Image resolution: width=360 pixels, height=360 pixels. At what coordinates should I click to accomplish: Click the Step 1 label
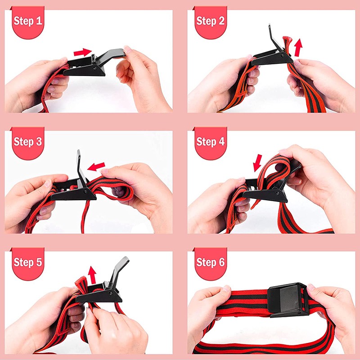[x=28, y=21]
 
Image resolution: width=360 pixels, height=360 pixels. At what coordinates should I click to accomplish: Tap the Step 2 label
[x=210, y=21]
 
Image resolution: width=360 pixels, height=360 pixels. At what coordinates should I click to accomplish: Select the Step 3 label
[x=28, y=141]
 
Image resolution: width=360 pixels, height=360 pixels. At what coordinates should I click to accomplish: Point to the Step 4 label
[x=210, y=141]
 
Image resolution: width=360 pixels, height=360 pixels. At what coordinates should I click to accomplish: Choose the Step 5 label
[x=28, y=262]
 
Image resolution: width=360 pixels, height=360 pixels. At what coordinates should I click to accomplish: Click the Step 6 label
[x=210, y=262]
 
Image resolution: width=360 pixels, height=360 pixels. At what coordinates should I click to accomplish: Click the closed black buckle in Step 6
[x=288, y=300]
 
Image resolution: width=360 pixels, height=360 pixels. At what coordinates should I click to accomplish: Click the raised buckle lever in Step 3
[x=80, y=166]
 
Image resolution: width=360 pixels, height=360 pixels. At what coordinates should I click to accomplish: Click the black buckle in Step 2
[x=270, y=56]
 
